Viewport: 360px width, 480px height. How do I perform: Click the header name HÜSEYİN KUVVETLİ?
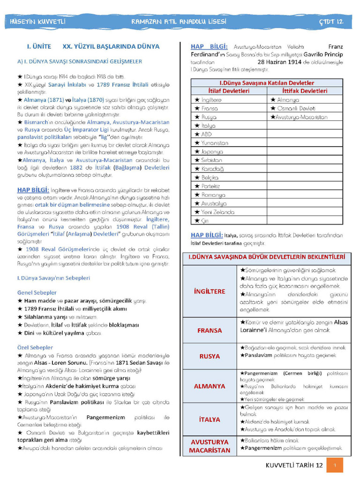coord(38,22)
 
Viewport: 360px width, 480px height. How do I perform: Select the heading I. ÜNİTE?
coord(39,47)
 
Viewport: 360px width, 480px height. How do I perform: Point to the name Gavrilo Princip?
coord(323,54)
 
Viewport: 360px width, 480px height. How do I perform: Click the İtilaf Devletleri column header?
coord(229,91)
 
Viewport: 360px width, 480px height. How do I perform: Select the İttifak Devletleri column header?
coord(305,91)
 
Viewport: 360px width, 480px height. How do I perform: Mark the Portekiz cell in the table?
coord(210,186)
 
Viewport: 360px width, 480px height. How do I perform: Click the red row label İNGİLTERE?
coord(209,291)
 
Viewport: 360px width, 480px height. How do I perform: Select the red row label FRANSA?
coord(209,330)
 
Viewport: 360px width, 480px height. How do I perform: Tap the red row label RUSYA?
coord(209,356)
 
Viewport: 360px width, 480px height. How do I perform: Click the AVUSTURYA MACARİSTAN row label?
coord(209,446)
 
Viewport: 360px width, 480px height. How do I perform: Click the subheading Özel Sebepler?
coord(35,348)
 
